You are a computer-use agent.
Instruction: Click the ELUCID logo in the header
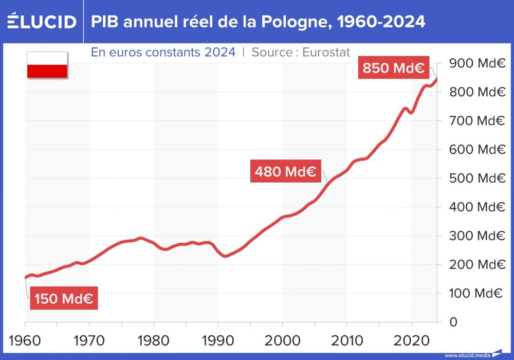pyautogui.click(x=42, y=22)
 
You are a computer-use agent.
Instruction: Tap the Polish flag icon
pyautogui.click(x=47, y=65)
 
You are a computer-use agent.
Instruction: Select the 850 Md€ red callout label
pyautogui.click(x=393, y=68)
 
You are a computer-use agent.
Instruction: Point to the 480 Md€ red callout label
pyautogui.click(x=286, y=171)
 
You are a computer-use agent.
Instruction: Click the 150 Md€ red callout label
pyautogui.click(x=64, y=299)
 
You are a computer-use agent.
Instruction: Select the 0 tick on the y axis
pyautogui.click(x=453, y=322)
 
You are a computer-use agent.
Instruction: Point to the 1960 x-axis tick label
pyautogui.click(x=25, y=340)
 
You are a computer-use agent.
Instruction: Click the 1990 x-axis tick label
pyautogui.click(x=218, y=340)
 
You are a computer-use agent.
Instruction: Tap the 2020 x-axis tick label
pyautogui.click(x=411, y=340)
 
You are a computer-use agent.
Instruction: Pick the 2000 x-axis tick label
pyautogui.click(x=282, y=340)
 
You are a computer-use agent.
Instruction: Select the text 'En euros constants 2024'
pyautogui.click(x=163, y=52)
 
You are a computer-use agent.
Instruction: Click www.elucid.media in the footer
pyautogui.click(x=467, y=355)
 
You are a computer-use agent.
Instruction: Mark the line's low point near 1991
pyautogui.click(x=225, y=256)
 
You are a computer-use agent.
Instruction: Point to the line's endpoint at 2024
pyautogui.click(x=436, y=79)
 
